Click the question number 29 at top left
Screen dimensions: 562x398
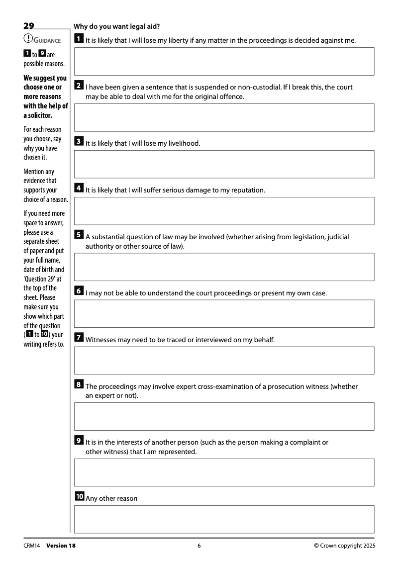pyautogui.click(x=28, y=26)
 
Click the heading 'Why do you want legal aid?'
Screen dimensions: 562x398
pyautogui.click(x=116, y=26)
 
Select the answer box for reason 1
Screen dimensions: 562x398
pyautogui.click(x=224, y=61)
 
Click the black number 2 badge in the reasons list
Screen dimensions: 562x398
pyautogui.click(x=79, y=85)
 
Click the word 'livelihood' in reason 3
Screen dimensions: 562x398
pyautogui.click(x=183, y=143)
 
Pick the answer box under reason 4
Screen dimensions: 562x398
pyautogui.click(x=224, y=211)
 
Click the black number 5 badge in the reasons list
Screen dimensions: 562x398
pyautogui.click(x=79, y=235)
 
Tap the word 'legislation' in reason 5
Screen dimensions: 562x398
pyautogui.click(x=308, y=237)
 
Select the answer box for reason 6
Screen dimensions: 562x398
pyautogui.click(x=224, y=313)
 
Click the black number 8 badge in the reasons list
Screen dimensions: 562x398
pyautogui.click(x=79, y=384)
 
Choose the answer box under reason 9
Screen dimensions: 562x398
pyautogui.click(x=224, y=472)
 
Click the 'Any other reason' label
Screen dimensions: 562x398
pyautogui.click(x=111, y=498)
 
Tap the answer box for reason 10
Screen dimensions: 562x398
pyautogui.click(x=224, y=519)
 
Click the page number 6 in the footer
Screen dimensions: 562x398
pyautogui.click(x=199, y=546)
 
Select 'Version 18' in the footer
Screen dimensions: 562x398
pyautogui.click(x=61, y=546)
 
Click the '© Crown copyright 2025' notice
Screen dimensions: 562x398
pyautogui.click(x=345, y=546)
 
